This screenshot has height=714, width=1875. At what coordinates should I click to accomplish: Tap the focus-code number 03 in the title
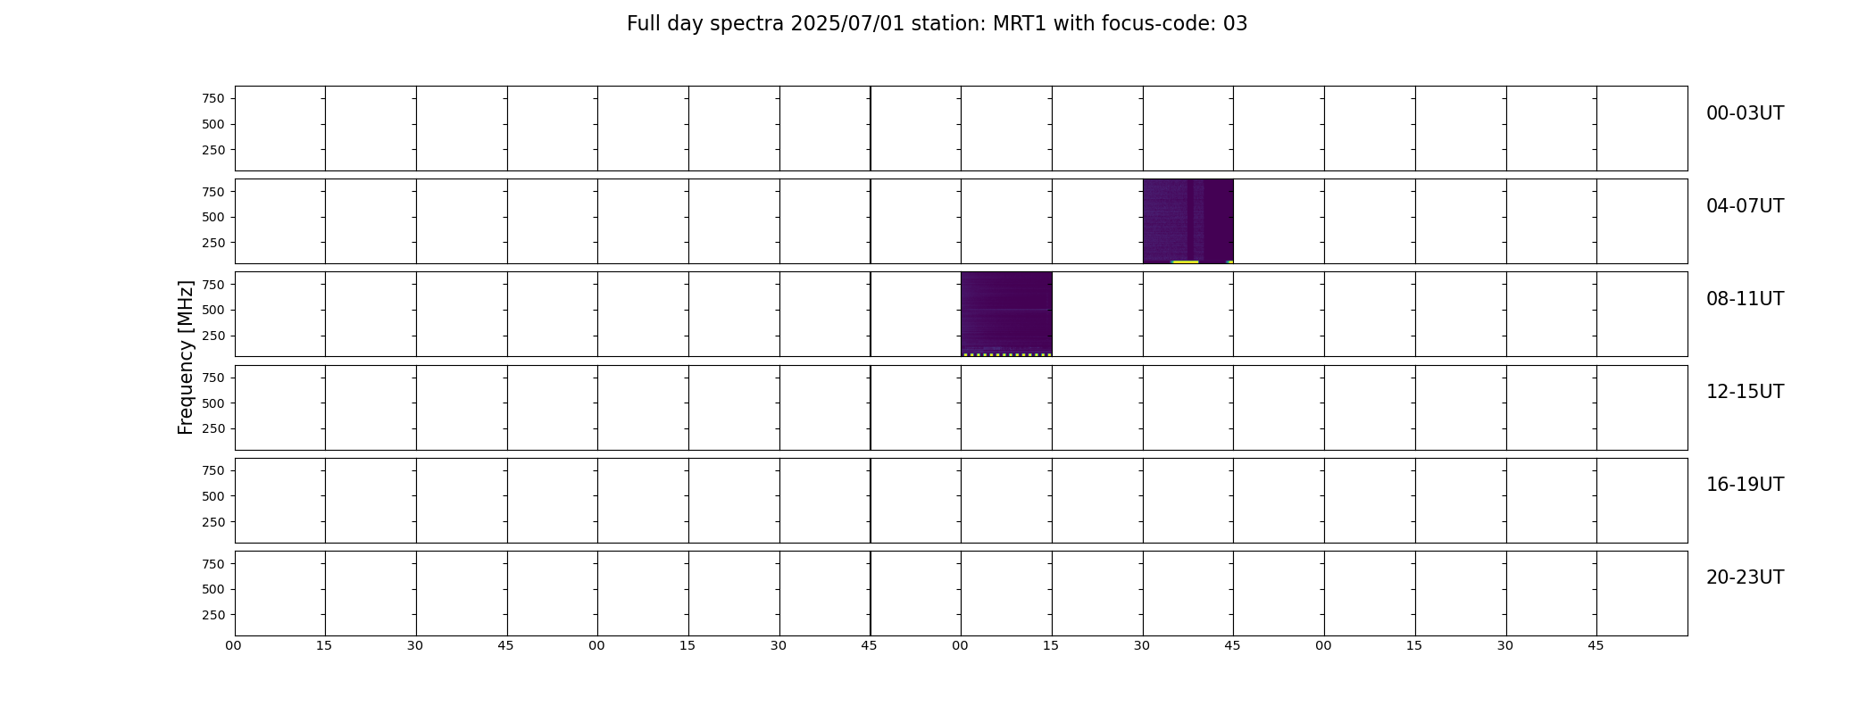1236,24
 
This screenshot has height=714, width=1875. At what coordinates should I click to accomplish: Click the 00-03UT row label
1745,113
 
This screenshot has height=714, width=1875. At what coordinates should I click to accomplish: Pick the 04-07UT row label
1745,206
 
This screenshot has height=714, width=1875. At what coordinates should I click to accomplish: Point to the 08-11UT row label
1745,299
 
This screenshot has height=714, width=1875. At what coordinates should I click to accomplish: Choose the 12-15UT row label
1745,392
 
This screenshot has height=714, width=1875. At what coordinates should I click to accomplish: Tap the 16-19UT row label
1745,485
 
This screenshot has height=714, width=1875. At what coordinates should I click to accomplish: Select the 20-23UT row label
1745,577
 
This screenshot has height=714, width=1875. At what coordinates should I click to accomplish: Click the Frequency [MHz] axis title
186,358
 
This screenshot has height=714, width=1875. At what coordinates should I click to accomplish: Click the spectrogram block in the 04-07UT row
1187,221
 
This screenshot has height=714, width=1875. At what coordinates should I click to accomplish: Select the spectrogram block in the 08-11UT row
1006,314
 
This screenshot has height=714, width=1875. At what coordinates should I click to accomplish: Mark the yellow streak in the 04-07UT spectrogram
1185,262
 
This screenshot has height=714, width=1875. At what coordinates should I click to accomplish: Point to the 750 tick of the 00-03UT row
213,98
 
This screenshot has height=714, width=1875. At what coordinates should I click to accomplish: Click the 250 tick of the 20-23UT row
213,615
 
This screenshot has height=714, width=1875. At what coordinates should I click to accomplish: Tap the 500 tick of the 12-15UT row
213,403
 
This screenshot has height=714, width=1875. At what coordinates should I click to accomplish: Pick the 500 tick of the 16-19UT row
213,496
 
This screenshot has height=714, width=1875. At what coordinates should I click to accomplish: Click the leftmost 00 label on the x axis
234,645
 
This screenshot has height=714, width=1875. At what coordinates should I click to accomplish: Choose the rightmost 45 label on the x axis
1596,645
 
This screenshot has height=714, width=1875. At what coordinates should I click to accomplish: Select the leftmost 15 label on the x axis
324,645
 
